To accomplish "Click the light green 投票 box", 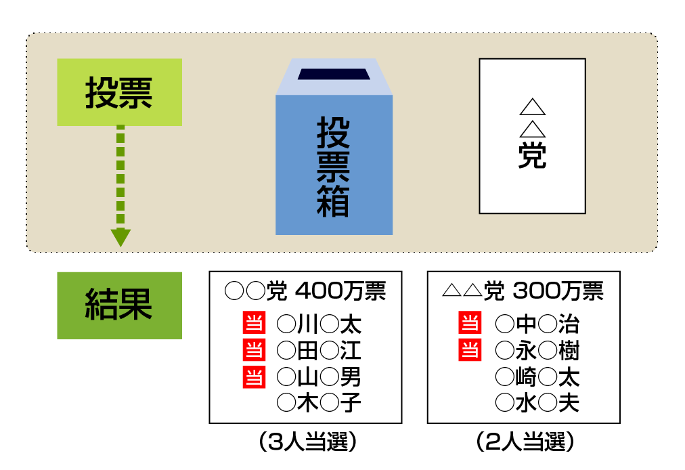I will [x=119, y=92].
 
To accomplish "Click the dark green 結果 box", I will [x=119, y=305].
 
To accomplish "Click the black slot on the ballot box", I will [x=334, y=74].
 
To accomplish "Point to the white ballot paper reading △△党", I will [x=532, y=136].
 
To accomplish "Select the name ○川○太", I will [x=319, y=324].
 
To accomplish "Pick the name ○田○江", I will [x=319, y=351].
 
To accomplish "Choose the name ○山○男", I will [x=319, y=377].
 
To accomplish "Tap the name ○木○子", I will [x=319, y=403].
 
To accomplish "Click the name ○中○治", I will [x=537, y=324].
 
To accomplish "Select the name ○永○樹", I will [x=537, y=351].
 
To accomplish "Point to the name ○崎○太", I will [x=537, y=377].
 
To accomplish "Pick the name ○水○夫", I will [x=537, y=403].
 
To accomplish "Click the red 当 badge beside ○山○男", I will [x=254, y=377].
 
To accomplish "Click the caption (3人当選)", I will [x=307, y=442].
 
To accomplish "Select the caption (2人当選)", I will [x=525, y=442].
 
